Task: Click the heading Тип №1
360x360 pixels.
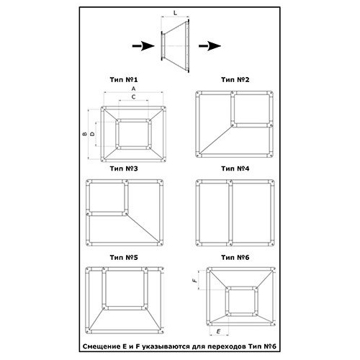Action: click(124, 80)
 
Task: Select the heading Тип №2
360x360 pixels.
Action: click(235, 80)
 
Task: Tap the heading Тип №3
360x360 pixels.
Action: click(124, 168)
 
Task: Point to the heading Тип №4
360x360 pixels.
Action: click(235, 168)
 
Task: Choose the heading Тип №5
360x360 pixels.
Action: click(124, 258)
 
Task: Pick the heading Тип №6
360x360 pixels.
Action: click(235, 258)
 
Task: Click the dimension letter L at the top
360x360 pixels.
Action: click(176, 13)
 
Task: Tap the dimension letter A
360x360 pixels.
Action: click(134, 89)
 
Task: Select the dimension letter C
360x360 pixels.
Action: click(134, 97)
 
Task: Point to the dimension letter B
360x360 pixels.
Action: click(85, 134)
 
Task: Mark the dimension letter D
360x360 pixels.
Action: click(92, 134)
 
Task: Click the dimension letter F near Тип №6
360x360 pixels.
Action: click(195, 280)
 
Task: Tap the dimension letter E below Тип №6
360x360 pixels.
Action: click(218, 331)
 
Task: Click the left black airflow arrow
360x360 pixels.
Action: click(143, 46)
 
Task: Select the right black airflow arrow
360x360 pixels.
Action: click(210, 46)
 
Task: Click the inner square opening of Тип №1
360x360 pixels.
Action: click(133, 134)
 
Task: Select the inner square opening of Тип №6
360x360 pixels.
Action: click(242, 301)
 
